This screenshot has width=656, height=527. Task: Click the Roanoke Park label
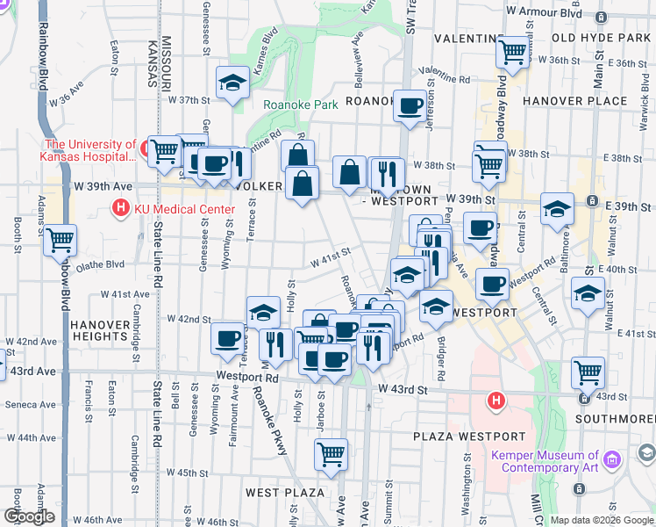coord(301,105)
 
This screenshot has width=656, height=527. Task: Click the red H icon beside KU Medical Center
coord(118,208)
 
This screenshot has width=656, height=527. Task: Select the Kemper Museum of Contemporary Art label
coord(545,460)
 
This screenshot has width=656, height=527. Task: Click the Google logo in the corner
coord(29,516)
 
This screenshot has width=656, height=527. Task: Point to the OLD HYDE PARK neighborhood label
coord(601,38)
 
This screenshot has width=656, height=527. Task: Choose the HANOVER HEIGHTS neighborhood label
coord(101,329)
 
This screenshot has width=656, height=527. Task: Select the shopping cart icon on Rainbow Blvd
coord(60,238)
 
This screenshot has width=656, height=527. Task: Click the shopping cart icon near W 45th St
coord(331,453)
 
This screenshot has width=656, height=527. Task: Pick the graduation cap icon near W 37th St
coord(232,83)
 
